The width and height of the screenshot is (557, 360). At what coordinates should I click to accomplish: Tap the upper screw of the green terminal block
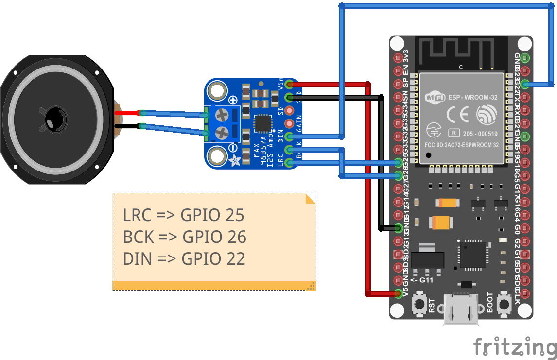(x=222, y=115)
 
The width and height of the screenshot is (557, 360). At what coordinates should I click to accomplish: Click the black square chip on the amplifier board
(x=262, y=123)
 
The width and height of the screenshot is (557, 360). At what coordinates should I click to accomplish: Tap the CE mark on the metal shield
(x=457, y=114)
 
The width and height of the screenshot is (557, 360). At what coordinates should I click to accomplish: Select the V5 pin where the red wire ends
(x=399, y=293)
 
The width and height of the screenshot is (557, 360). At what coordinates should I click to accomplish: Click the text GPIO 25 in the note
(x=212, y=215)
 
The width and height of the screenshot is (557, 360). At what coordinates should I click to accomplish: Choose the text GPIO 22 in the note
(x=213, y=258)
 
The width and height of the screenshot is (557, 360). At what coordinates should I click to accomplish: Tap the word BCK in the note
(x=138, y=237)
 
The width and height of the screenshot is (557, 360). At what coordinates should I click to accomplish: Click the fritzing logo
(x=515, y=347)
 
